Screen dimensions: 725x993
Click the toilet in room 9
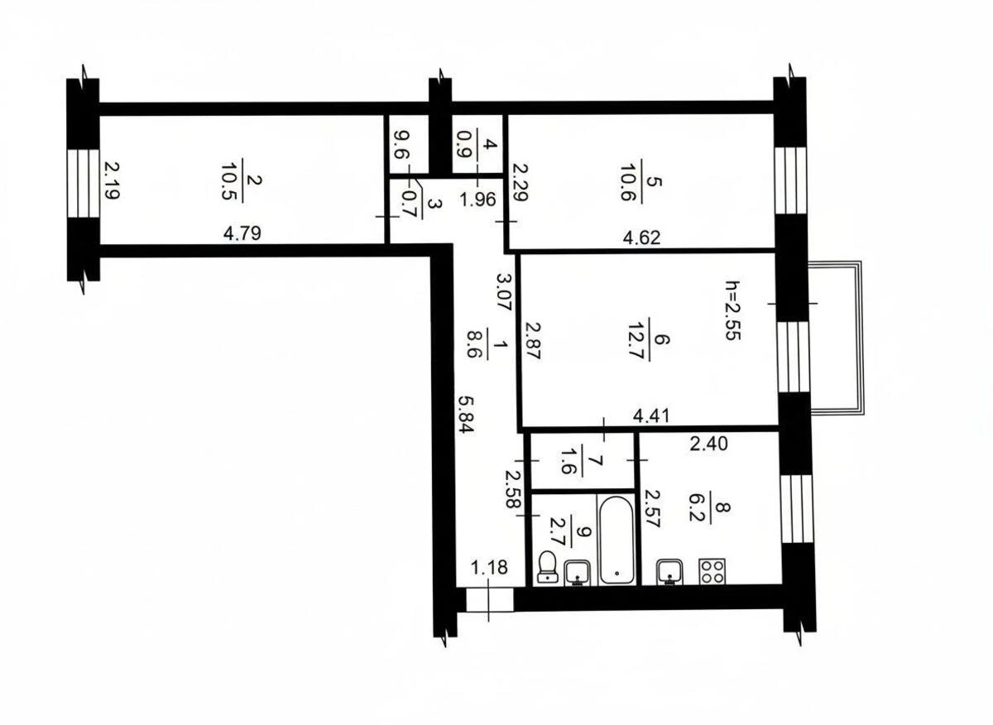(547, 569)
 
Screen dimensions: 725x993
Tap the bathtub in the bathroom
(616, 540)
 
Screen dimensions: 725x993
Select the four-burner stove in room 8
(712, 571)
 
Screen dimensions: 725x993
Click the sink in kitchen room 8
(669, 571)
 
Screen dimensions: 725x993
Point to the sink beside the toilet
(578, 571)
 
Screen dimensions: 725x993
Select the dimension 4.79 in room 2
(242, 233)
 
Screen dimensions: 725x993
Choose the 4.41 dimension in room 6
(651, 416)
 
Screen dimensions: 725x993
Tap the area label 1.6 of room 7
(568, 460)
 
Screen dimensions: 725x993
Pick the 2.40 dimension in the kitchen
(709, 444)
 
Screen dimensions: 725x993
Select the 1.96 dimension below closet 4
(477, 199)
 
